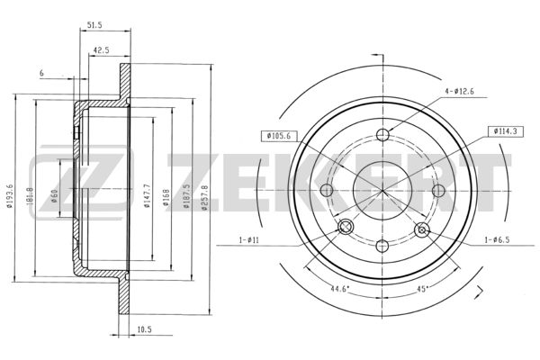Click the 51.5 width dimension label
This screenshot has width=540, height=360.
[x=94, y=25]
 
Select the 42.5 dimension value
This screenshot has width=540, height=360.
[x=101, y=50]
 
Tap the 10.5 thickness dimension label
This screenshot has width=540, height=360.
[x=144, y=329]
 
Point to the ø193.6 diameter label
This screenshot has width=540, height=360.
[x=10, y=195]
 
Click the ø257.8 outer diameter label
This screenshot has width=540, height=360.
[x=204, y=197]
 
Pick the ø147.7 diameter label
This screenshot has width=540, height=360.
[x=147, y=195]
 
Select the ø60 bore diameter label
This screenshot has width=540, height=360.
[x=54, y=195]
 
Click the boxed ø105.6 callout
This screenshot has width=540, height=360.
[x=278, y=136]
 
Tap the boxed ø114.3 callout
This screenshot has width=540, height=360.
[x=505, y=131]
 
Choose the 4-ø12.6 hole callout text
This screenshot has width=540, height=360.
[x=459, y=92]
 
